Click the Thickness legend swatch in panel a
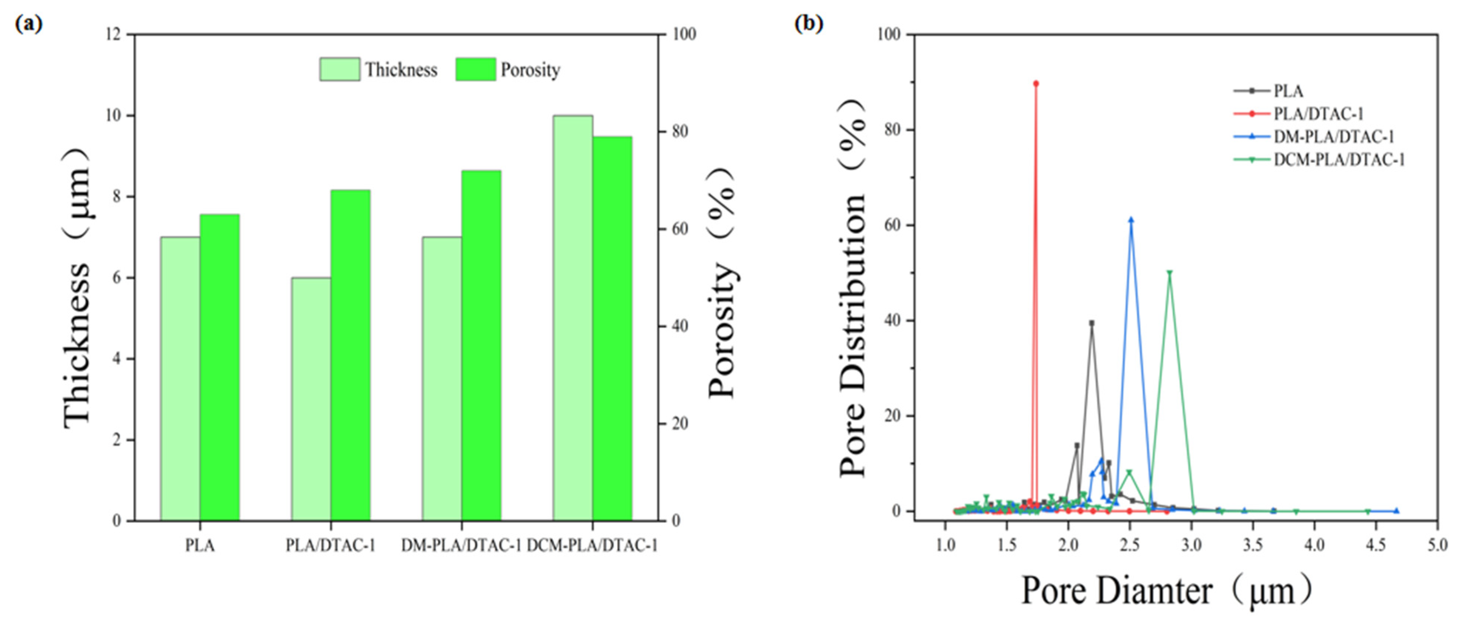coord(339,69)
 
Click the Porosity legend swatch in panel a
coord(475,69)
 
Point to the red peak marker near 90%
coord(1035,84)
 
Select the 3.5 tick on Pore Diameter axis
coord(1253,545)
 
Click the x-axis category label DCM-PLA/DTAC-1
coord(592,545)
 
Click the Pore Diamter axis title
coord(1166,591)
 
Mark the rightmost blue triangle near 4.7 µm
coord(1396,511)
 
